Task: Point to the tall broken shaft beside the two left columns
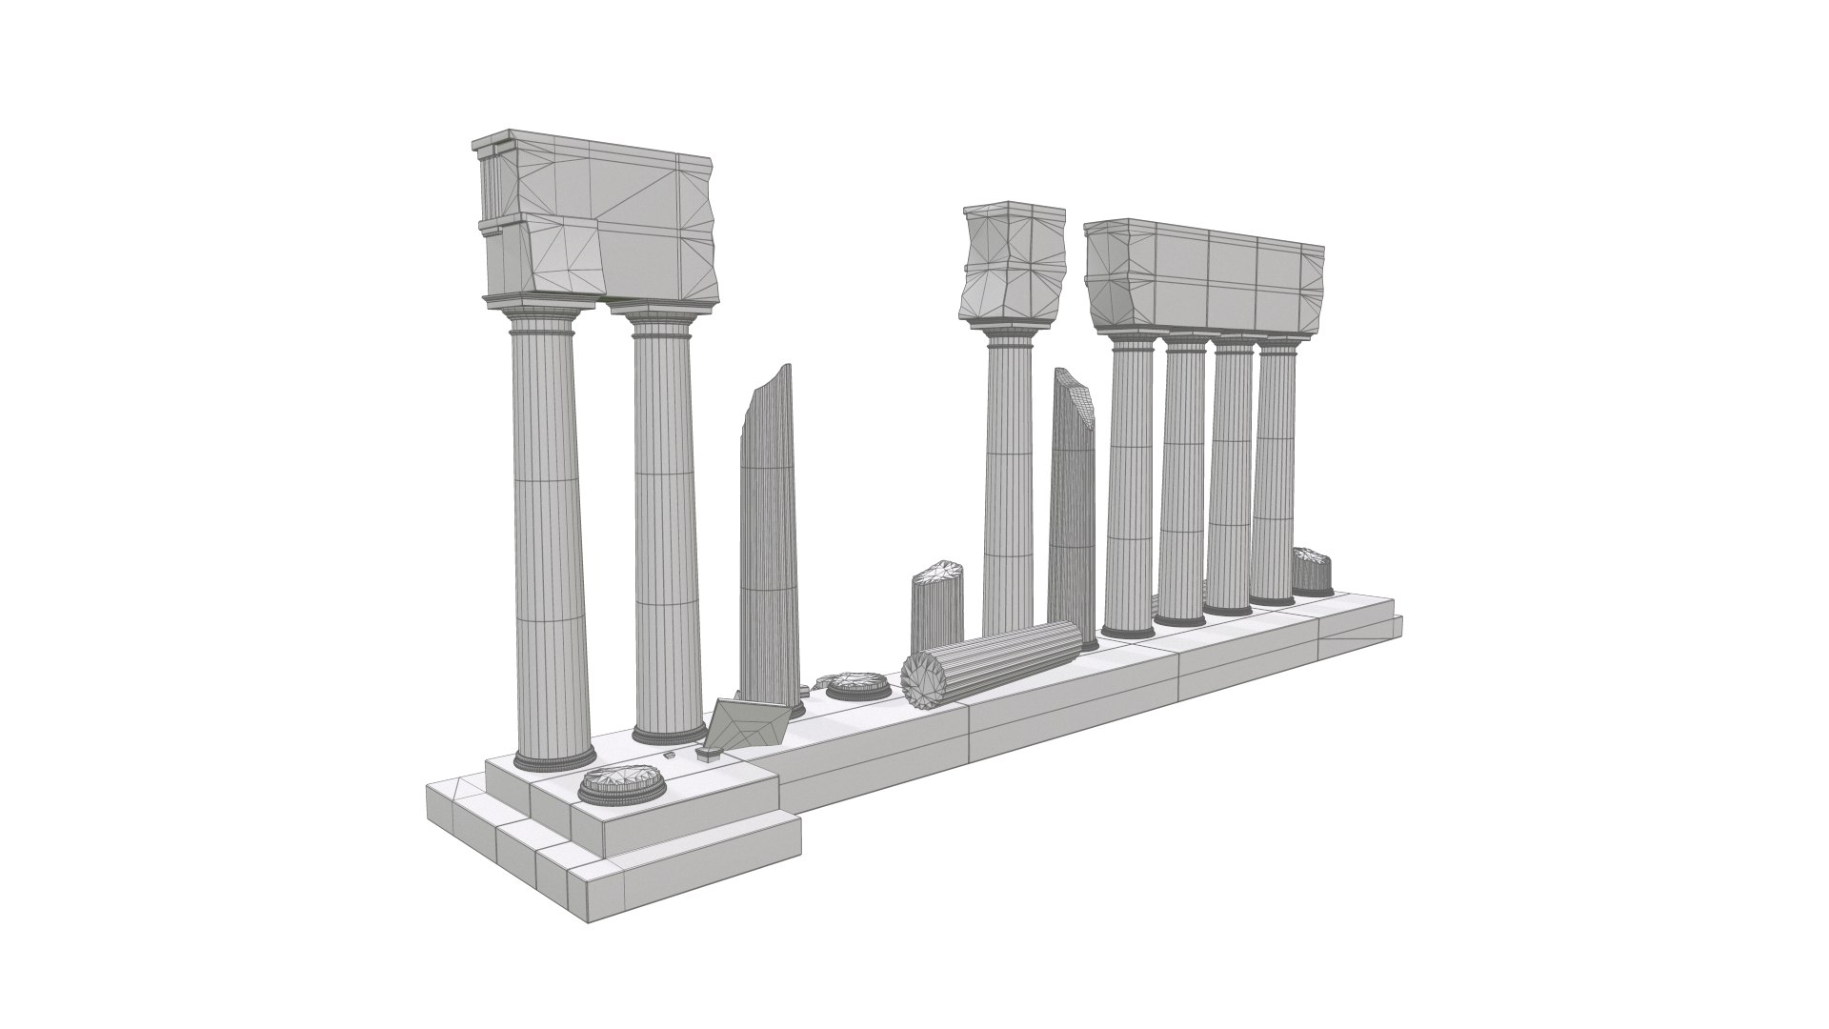point(769,534)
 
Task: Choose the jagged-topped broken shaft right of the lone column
point(1074,505)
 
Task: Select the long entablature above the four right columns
point(1205,276)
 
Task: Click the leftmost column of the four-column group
point(1131,486)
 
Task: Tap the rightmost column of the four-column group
point(1275,476)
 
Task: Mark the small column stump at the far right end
point(1312,572)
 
